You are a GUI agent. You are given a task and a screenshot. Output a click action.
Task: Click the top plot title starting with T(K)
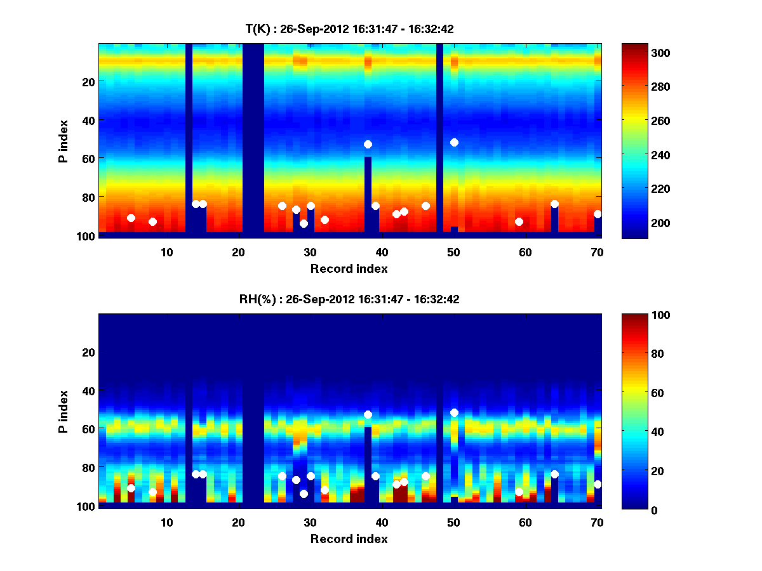349,29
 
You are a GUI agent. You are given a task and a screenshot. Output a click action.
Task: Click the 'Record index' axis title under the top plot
349,268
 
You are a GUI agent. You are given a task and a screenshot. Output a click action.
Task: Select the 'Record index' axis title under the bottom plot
349,539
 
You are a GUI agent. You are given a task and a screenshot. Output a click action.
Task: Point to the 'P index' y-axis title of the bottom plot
63,411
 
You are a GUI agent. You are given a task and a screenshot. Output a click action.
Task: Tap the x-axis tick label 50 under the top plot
453,252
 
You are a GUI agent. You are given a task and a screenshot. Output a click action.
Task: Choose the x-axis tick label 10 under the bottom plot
166,522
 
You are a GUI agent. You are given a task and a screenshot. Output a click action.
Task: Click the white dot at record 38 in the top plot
368,144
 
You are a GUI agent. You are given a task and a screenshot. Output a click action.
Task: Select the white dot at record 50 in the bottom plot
454,412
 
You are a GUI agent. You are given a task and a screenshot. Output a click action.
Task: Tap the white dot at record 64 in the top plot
554,204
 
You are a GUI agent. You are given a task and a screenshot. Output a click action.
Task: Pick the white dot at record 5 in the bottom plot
131,488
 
